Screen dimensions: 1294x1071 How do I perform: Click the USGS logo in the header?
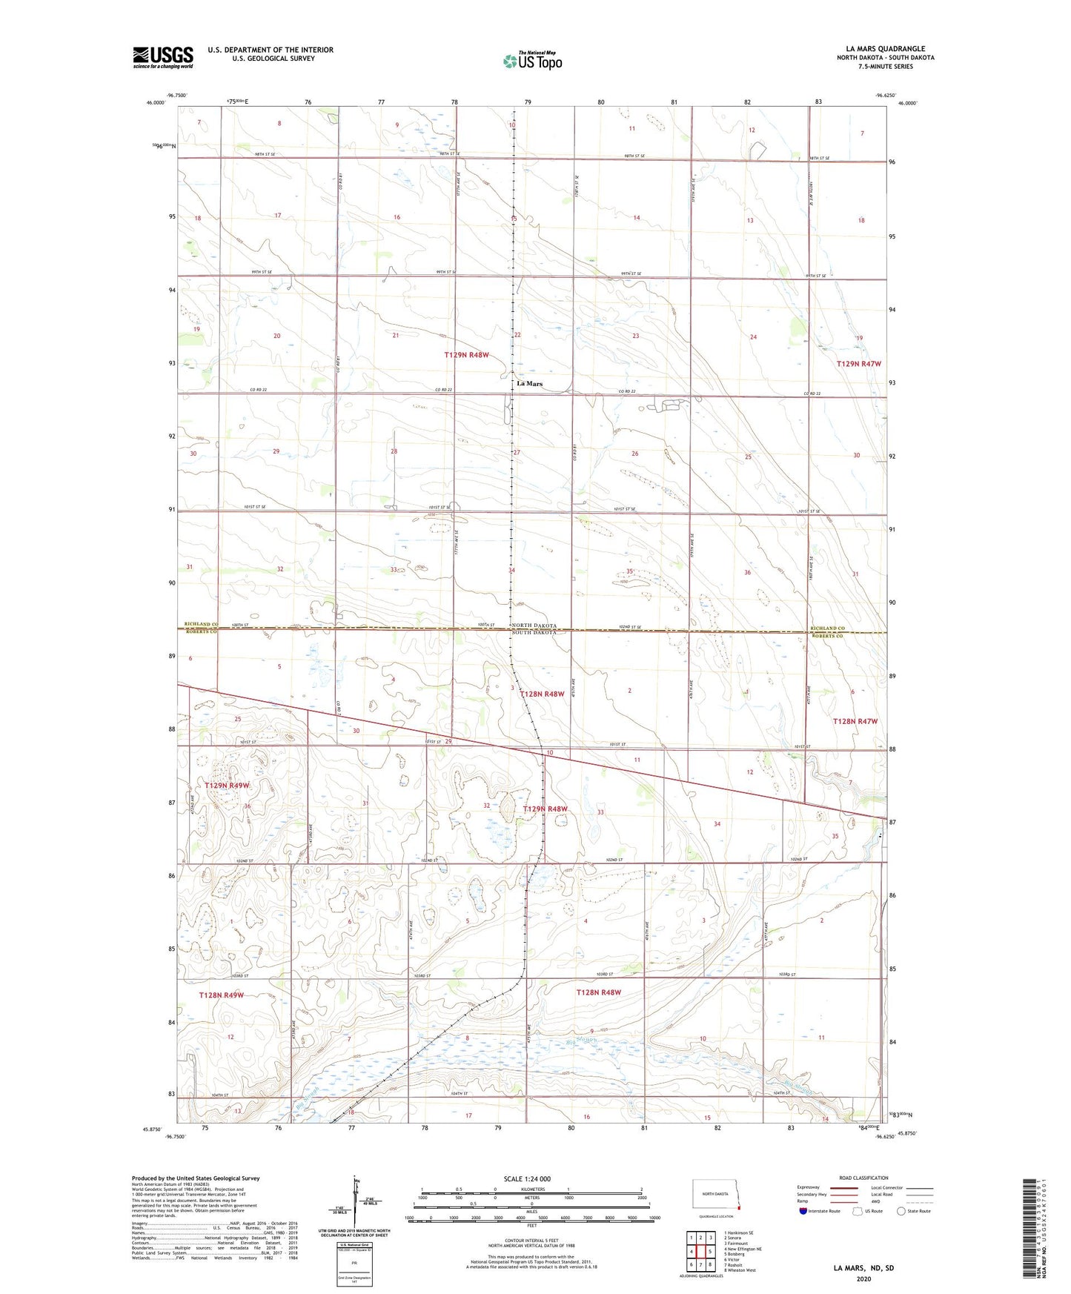(162, 56)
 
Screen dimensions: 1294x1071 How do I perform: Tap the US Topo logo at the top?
(532, 61)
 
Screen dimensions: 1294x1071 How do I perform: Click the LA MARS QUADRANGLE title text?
(885, 49)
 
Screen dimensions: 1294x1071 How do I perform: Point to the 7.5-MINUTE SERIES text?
(885, 67)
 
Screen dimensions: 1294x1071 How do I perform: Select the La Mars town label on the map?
(529, 384)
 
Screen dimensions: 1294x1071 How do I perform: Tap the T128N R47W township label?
(855, 721)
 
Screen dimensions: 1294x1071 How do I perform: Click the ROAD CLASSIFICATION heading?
(863, 1178)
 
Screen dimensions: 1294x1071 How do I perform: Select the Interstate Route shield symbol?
(803, 1211)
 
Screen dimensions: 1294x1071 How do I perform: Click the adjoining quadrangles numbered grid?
(700, 1252)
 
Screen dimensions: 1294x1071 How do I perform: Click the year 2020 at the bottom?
(863, 1279)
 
